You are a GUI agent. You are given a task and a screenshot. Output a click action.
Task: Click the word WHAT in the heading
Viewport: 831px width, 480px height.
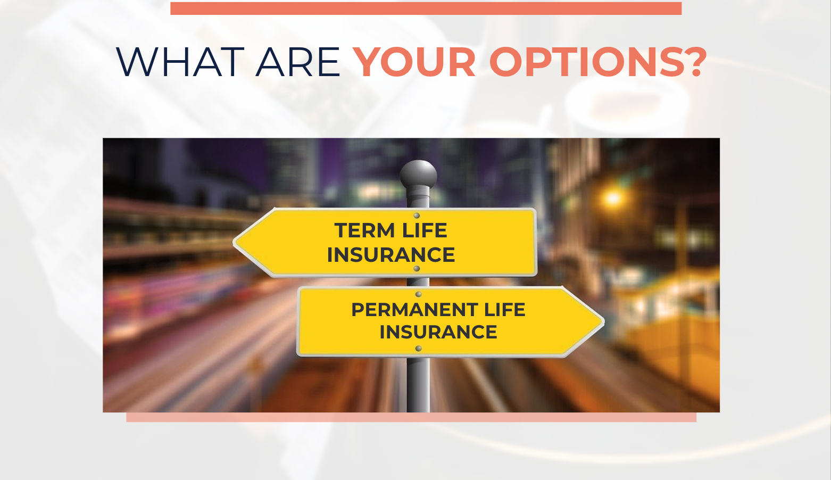(x=180, y=62)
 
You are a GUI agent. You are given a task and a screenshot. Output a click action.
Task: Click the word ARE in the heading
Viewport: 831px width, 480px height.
(x=298, y=62)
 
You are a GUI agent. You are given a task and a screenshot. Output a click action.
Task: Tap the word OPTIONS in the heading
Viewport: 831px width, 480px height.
(x=583, y=62)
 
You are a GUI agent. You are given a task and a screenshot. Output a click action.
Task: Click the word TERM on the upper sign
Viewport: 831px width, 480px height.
(x=364, y=230)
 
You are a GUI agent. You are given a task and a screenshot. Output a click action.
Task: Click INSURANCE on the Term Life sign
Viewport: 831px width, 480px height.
(x=390, y=255)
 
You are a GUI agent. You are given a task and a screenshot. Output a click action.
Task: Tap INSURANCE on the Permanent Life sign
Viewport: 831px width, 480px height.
(x=438, y=332)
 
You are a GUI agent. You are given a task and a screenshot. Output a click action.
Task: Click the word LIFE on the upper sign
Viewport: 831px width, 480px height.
(x=425, y=230)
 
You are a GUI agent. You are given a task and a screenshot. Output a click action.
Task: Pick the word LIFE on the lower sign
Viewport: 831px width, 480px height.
(x=504, y=310)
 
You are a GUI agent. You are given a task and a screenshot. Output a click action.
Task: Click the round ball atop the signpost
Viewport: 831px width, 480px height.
(x=418, y=174)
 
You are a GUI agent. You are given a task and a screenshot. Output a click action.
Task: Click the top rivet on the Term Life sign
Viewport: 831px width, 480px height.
(x=417, y=216)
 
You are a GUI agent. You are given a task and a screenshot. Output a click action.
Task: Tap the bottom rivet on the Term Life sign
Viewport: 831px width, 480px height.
(x=417, y=269)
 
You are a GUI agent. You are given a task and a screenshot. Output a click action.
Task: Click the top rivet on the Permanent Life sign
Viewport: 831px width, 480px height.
(x=418, y=294)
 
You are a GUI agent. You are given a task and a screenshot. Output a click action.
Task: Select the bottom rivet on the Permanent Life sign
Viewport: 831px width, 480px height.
(x=418, y=349)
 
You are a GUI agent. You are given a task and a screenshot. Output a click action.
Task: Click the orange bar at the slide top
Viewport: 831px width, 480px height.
(x=426, y=8)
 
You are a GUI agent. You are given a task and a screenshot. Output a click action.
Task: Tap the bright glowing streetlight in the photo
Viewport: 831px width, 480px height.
(x=612, y=198)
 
